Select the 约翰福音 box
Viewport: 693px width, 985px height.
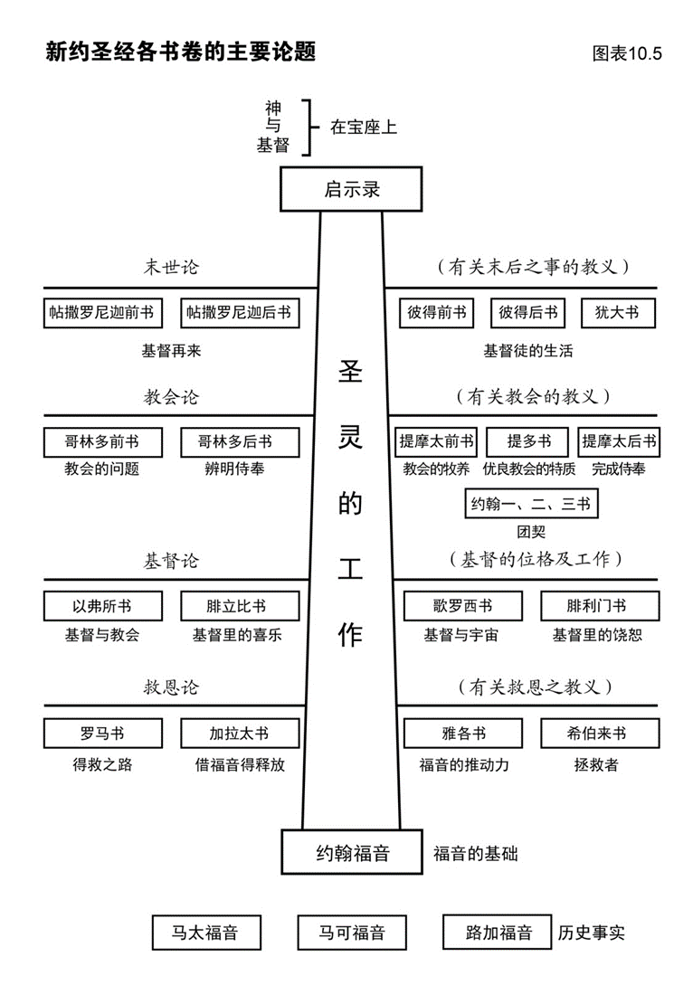(351, 852)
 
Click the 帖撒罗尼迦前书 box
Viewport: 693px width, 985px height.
(100, 313)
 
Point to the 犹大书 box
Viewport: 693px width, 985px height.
(617, 313)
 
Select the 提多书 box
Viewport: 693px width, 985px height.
(528, 441)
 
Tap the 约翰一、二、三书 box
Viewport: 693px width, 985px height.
(530, 504)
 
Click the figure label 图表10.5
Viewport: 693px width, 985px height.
(627, 53)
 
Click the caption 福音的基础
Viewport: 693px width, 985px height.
(475, 853)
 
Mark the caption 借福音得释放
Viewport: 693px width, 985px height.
(240, 764)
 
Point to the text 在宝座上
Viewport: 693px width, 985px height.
(363, 128)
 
